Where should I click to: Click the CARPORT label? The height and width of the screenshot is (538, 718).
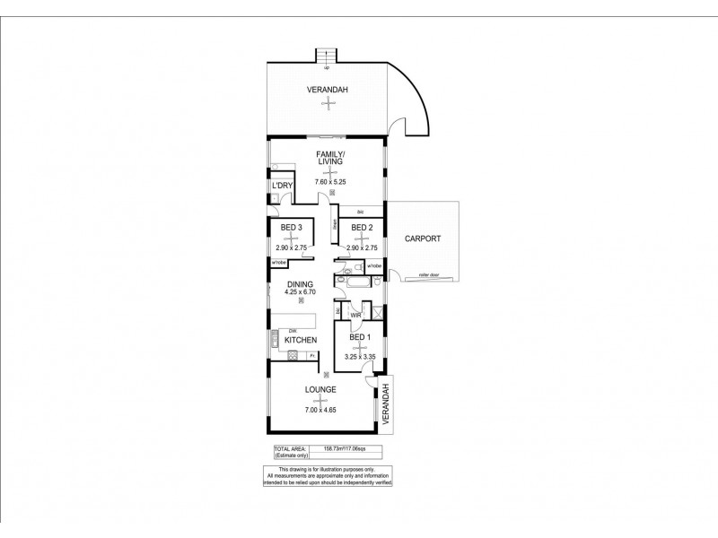[x=421, y=239]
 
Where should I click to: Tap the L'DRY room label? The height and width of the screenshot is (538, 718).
[x=283, y=186]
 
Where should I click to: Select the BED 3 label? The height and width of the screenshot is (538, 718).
[x=289, y=228]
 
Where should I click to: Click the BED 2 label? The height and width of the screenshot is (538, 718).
[x=361, y=228]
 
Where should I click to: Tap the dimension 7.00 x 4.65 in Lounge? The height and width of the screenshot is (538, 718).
[x=320, y=409]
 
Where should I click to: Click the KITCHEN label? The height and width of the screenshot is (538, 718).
[x=301, y=341]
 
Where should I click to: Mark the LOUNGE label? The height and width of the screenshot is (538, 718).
[x=320, y=390]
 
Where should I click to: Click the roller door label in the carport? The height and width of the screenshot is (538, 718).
[x=416, y=275]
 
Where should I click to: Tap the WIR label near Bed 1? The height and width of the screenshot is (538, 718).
[x=355, y=315]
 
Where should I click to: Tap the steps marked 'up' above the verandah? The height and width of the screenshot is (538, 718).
[x=327, y=56]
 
